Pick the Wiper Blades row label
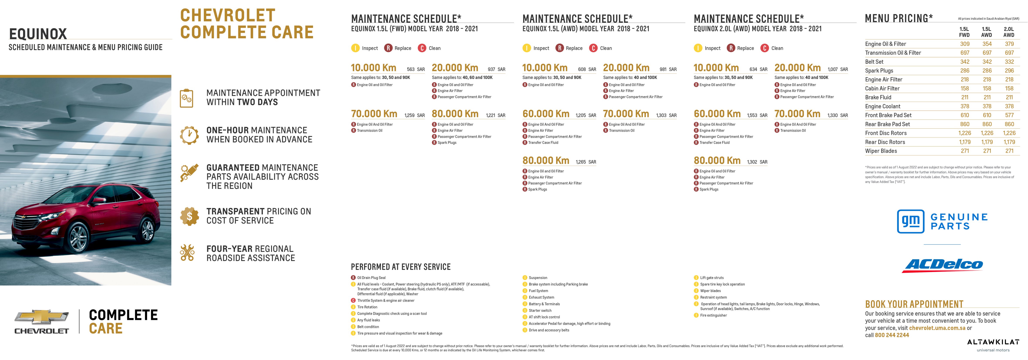(881, 151)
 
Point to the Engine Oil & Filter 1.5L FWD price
(964, 44)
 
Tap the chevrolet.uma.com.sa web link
(937, 328)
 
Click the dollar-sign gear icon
(189, 216)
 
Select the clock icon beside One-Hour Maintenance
(189, 135)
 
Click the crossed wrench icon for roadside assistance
(187, 253)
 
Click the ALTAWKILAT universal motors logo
(993, 345)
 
